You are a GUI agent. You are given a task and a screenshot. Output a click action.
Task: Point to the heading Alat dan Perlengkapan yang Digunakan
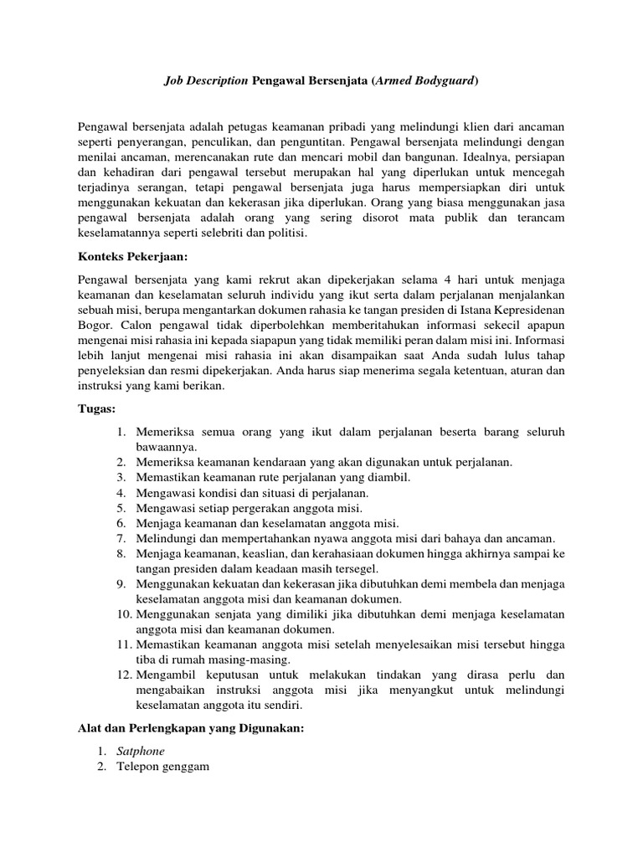coord(190,729)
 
